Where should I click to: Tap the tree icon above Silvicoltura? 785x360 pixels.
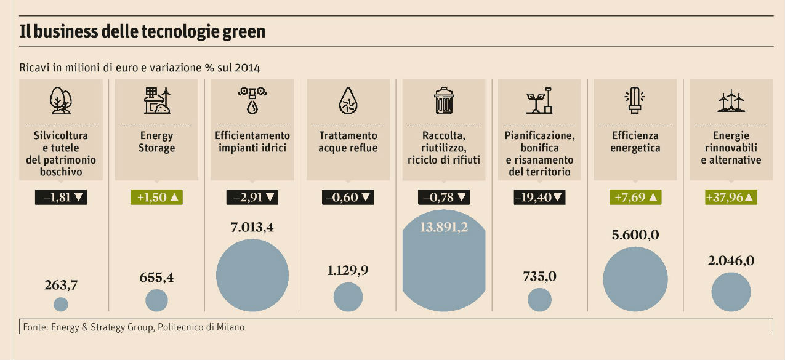tap(60, 101)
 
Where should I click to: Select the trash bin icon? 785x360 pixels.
tap(443, 101)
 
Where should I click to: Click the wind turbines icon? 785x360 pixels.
tap(731, 101)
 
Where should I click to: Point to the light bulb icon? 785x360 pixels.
tap(635, 101)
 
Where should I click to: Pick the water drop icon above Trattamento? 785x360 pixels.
tap(348, 101)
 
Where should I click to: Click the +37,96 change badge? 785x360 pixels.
tap(731, 198)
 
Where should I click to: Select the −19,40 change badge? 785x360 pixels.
tap(539, 198)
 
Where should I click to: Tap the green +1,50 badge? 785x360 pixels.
tap(156, 198)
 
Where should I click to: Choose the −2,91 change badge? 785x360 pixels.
tap(252, 198)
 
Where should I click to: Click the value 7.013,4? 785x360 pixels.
tap(252, 227)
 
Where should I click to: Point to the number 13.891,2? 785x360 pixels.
tap(443, 227)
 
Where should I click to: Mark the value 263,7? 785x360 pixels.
tap(61, 285)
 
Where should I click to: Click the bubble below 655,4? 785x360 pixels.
tap(156, 301)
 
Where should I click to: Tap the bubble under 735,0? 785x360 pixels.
tap(539, 300)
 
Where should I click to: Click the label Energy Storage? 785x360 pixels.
tap(156, 142)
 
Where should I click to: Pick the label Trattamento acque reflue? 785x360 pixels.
tap(348, 142)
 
